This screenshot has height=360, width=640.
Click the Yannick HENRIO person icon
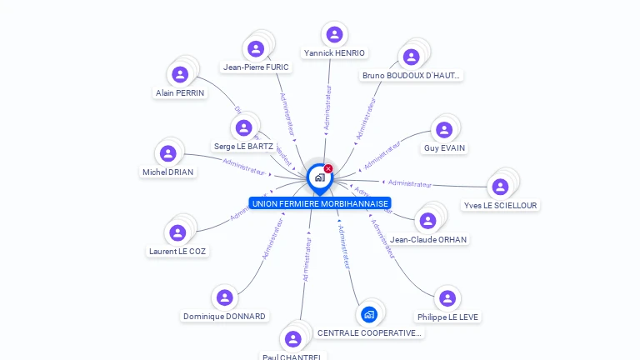(334, 34)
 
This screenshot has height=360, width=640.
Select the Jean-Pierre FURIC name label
(256, 67)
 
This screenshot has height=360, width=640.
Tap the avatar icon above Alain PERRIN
(180, 74)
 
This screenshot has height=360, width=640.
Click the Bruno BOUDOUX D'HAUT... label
(411, 76)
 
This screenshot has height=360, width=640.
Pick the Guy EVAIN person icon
(444, 129)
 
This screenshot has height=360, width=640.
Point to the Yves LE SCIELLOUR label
(500, 205)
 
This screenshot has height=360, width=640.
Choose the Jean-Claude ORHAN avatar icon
(427, 221)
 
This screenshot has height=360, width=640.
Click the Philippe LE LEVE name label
(447, 317)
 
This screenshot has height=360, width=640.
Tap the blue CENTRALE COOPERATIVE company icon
(369, 314)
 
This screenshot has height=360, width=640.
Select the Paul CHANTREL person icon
(292, 339)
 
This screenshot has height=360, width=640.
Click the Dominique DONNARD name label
(224, 316)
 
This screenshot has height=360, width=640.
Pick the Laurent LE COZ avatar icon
(177, 232)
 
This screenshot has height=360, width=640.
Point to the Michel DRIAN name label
(167, 172)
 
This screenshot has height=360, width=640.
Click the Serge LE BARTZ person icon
(243, 127)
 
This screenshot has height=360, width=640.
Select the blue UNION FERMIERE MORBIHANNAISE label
(320, 203)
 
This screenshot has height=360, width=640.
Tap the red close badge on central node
(328, 168)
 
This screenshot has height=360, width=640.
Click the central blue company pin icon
(318, 177)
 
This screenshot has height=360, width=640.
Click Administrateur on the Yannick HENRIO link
(328, 106)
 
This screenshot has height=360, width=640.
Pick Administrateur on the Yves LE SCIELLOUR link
(410, 183)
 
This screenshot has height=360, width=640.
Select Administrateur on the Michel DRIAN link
(243, 167)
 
